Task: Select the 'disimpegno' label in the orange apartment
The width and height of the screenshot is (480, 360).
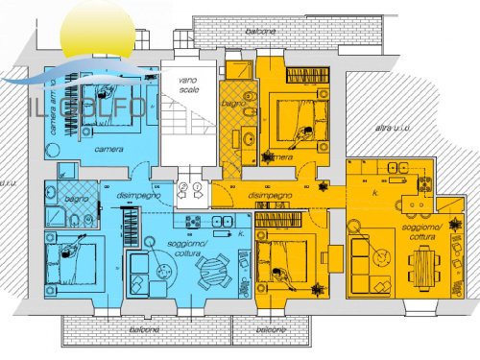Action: coord(270,195)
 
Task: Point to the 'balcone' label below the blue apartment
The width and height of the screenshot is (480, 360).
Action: coord(145,328)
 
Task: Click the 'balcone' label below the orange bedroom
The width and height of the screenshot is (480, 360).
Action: coord(272,328)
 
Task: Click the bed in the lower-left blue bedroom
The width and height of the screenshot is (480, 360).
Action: coord(72,265)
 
